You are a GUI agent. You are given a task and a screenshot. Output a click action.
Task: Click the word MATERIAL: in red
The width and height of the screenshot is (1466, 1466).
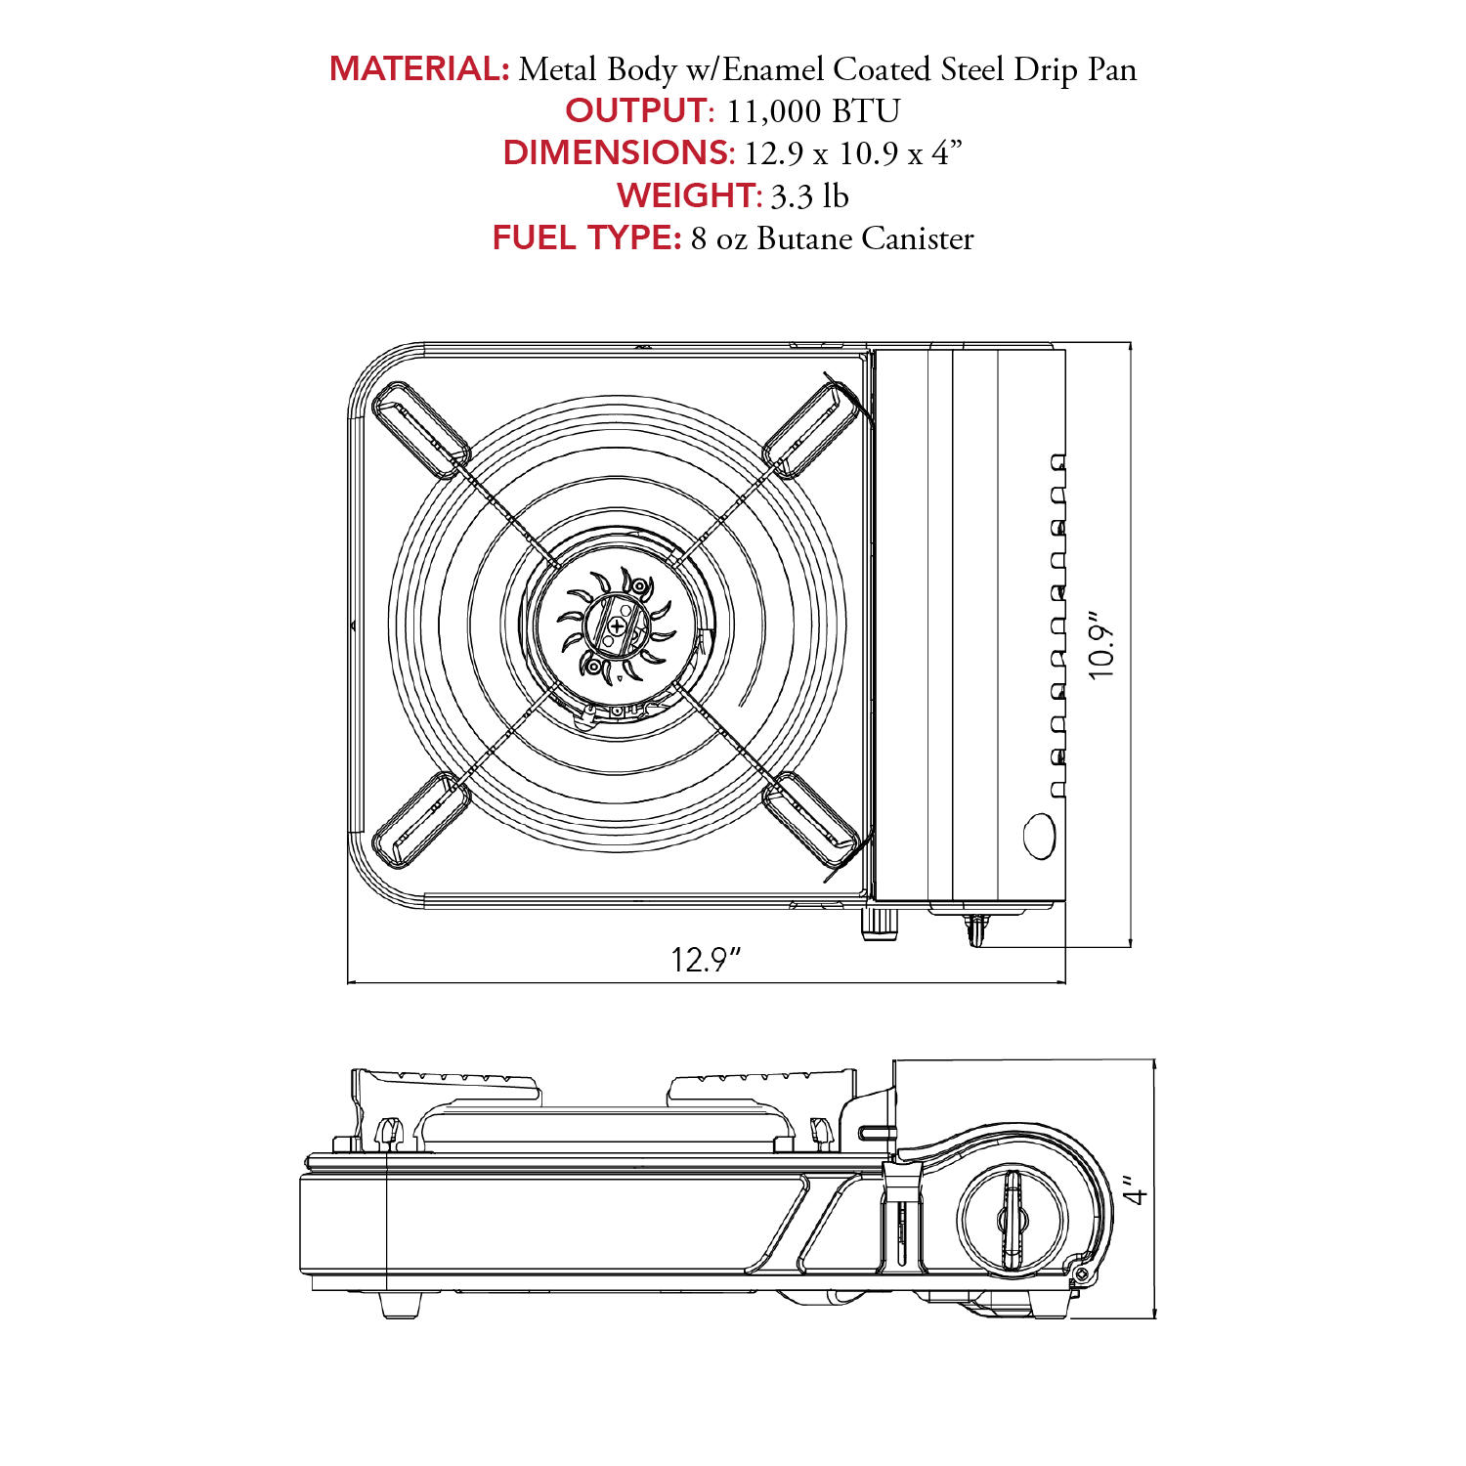point(419,68)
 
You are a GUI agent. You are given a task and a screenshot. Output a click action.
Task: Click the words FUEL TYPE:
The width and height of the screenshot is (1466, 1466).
point(586,237)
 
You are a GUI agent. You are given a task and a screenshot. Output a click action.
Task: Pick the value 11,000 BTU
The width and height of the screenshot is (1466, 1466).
point(813,111)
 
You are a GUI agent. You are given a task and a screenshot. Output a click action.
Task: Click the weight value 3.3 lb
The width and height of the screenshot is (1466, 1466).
point(810,196)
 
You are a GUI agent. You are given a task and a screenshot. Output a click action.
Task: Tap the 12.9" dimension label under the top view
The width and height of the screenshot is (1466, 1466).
point(706,959)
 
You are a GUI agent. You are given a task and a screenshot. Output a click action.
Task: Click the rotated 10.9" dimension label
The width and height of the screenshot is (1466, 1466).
point(1101,646)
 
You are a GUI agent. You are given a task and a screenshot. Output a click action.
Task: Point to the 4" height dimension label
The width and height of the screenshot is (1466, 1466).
point(1135,1189)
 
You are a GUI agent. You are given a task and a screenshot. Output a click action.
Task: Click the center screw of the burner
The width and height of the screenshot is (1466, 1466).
point(617,625)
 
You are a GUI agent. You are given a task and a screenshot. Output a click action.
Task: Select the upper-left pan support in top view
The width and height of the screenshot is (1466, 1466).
point(420,429)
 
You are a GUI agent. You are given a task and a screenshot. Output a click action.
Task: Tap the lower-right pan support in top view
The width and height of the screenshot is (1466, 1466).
point(812,820)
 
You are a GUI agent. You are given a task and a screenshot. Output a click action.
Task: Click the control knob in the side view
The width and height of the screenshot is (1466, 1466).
point(1012,1220)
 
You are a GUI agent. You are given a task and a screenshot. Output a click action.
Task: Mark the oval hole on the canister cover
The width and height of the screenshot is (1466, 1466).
point(1039,837)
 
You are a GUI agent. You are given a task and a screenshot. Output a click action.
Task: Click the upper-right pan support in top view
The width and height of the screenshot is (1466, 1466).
point(812,429)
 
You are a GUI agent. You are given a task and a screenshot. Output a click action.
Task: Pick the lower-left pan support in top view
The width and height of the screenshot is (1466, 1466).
point(420,820)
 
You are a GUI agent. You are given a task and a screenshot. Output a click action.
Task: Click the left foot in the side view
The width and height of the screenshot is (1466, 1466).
point(401,1304)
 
